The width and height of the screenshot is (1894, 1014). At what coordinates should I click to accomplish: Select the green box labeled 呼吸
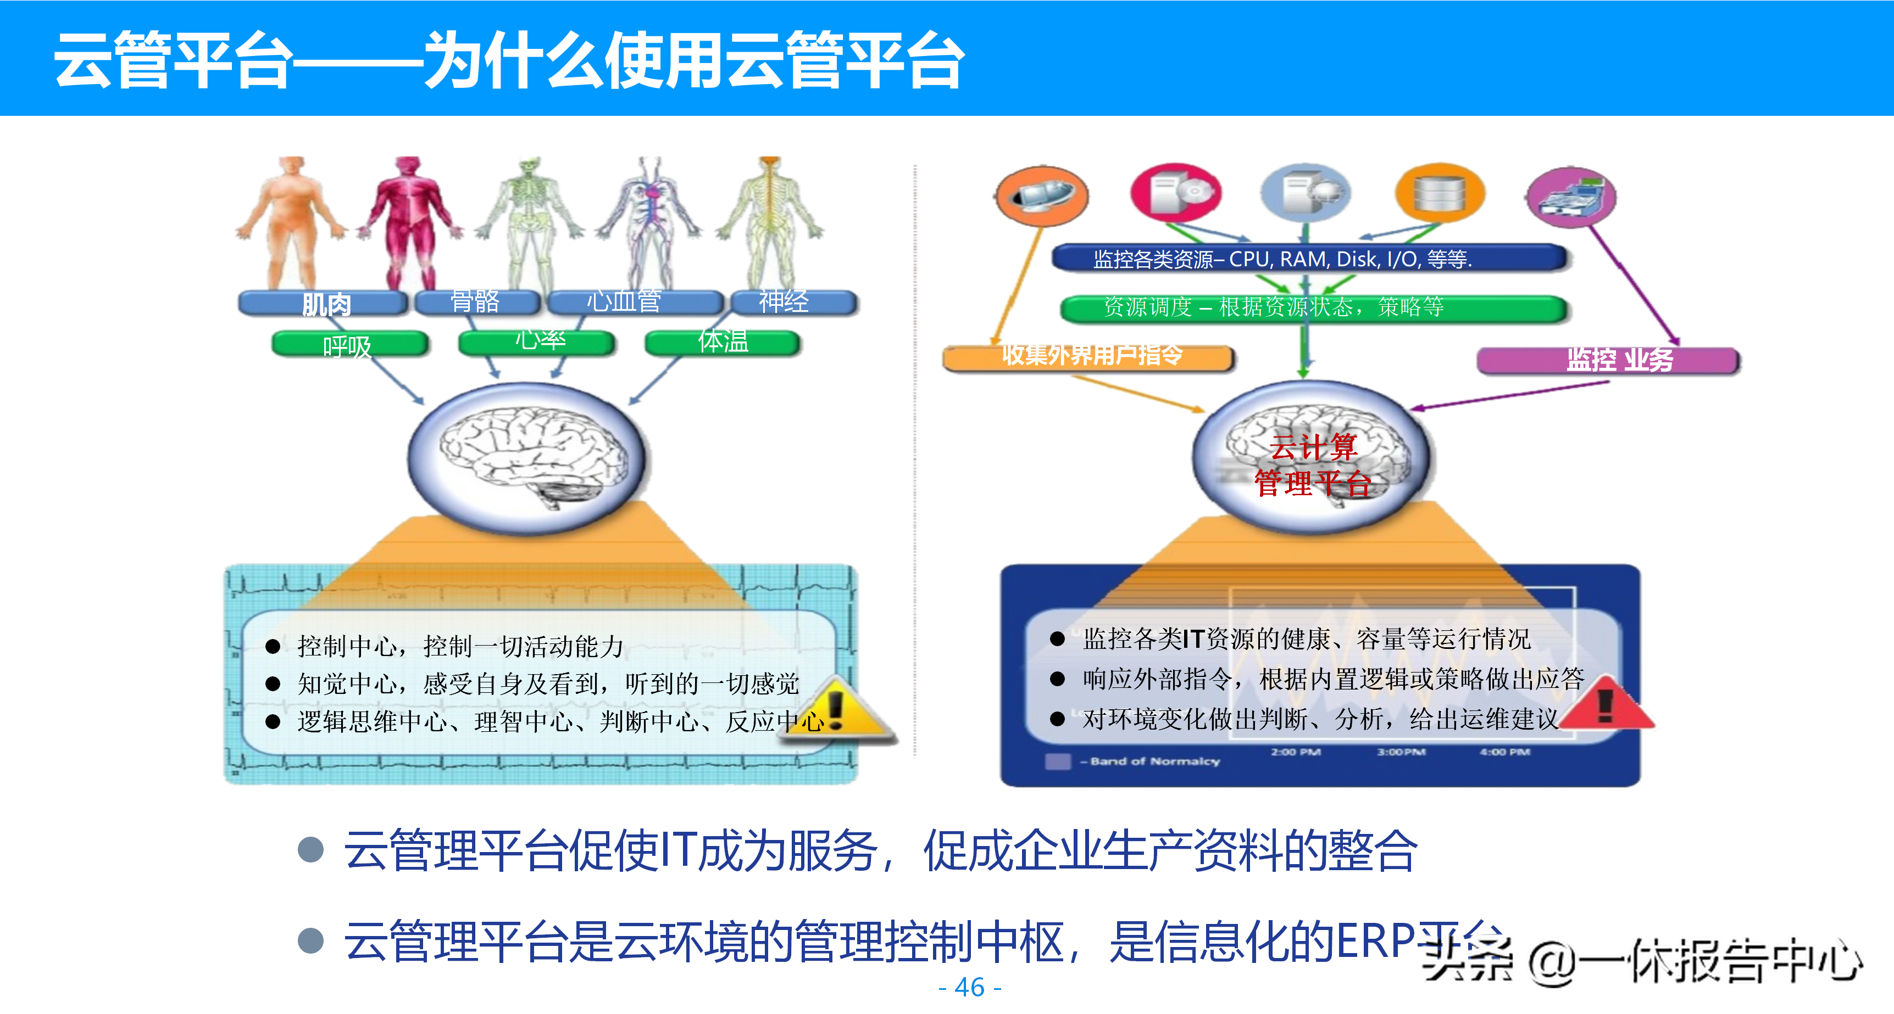349,344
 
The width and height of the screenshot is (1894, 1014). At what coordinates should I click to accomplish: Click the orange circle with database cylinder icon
1440,193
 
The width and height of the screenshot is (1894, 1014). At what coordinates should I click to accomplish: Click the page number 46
970,987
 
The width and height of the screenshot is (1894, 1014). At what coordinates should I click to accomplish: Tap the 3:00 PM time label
1401,752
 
